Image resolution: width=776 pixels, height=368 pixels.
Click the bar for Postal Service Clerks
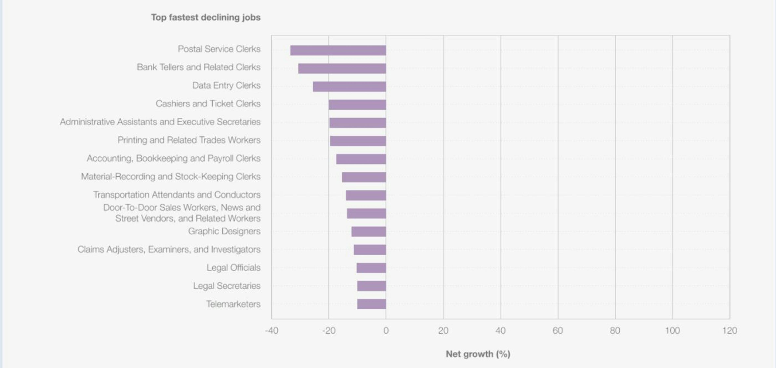pos(338,50)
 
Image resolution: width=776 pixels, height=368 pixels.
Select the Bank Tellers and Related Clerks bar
pos(342,68)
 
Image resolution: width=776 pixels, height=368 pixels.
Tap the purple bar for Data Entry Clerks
pos(349,86)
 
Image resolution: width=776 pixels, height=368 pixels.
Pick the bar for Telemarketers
pos(371,304)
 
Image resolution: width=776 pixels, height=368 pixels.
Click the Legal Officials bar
pos(371,268)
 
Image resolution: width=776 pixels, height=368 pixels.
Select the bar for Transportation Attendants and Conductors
pos(366,195)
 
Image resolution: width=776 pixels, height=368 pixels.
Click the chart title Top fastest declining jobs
pos(206,17)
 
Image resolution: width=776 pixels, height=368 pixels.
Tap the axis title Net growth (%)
pos(478,354)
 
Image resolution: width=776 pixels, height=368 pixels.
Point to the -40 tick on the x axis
pos(271,331)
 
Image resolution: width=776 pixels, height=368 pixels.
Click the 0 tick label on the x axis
pos(386,331)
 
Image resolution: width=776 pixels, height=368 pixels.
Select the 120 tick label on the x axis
pos(729,331)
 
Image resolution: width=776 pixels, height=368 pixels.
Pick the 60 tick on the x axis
pos(558,331)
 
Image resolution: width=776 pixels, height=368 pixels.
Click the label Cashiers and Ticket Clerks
pos(208,104)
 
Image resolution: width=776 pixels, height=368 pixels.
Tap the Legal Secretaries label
pos(227,286)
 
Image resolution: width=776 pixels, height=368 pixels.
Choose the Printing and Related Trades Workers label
pos(189,140)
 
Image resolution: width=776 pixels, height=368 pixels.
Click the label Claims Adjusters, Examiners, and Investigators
pos(169,249)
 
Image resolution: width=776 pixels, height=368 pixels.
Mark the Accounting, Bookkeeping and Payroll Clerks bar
pos(361,159)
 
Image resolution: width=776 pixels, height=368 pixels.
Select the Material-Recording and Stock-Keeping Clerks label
pos(171,176)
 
